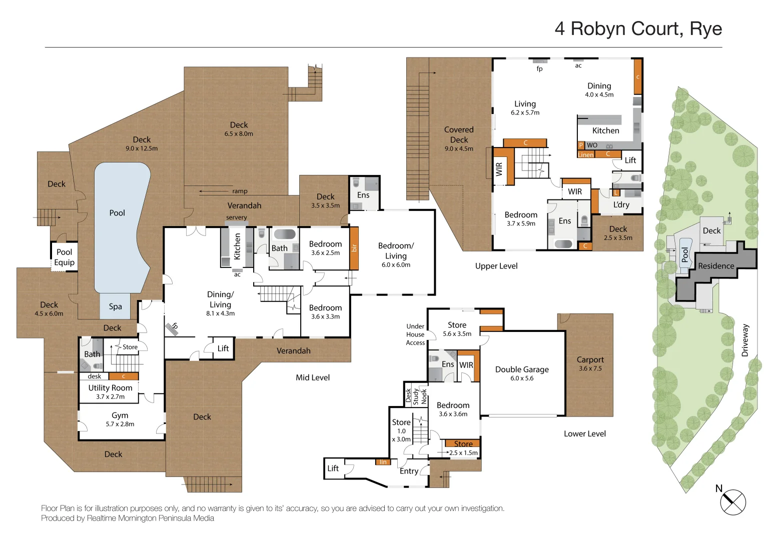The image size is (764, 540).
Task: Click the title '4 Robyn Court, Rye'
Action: (x=638, y=29)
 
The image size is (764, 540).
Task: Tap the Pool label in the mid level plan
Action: (x=117, y=213)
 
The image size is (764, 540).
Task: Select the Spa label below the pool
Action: (x=115, y=306)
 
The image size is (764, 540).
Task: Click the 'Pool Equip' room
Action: (x=64, y=257)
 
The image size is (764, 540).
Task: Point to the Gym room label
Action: (x=120, y=415)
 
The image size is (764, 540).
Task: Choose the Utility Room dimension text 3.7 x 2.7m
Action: (x=110, y=397)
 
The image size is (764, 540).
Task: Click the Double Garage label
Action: (x=522, y=369)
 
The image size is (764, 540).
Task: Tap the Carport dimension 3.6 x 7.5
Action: (x=590, y=368)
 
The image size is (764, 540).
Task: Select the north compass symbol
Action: (x=733, y=502)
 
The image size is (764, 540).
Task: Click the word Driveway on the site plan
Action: (x=745, y=340)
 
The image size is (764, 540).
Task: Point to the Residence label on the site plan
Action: (x=716, y=266)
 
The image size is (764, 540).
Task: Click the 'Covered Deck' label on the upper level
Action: (x=459, y=134)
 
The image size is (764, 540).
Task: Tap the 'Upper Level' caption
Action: (x=496, y=266)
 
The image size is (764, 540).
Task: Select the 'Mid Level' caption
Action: (x=313, y=377)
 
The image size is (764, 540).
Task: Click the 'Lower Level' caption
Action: (x=584, y=434)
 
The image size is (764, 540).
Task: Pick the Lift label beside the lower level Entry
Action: (x=333, y=468)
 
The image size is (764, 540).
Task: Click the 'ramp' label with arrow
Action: (x=240, y=191)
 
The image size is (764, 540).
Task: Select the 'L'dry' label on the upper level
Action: (x=621, y=204)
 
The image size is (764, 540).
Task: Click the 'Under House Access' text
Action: (x=415, y=334)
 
